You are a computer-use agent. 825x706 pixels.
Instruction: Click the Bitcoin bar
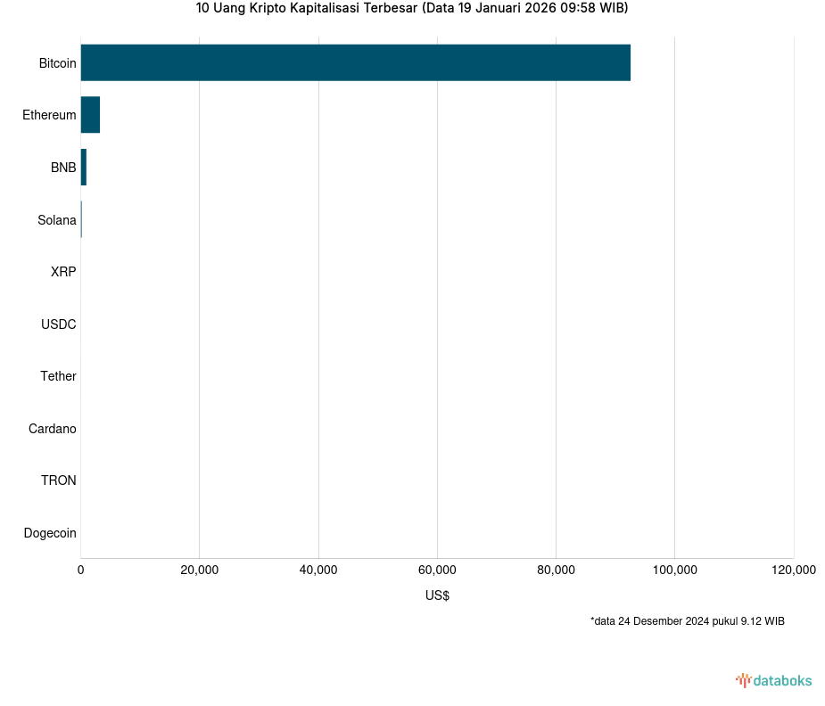tap(355, 62)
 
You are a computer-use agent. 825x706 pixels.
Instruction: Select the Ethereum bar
tap(90, 115)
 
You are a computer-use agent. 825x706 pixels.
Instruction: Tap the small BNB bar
tap(84, 168)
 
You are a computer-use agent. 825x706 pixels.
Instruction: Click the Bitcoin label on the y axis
tap(57, 63)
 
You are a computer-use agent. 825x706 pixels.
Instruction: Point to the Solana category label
tap(57, 220)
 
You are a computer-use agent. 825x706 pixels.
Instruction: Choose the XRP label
tap(63, 272)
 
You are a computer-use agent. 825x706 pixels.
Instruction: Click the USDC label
tap(59, 324)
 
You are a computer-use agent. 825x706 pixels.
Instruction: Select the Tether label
tap(58, 376)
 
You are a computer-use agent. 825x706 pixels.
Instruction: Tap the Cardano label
tap(53, 429)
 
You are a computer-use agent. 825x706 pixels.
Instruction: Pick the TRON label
tap(59, 480)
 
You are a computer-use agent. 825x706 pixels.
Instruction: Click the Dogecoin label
tap(50, 533)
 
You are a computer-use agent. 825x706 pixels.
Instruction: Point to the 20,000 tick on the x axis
tap(200, 571)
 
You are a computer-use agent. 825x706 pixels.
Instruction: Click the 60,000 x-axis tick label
tap(437, 571)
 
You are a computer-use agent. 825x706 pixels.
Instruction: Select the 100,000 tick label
tap(674, 571)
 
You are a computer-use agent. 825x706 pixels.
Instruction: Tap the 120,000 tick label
tap(793, 571)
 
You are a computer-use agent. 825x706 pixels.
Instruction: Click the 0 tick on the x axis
tap(81, 571)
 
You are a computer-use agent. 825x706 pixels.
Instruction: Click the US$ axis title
tap(437, 595)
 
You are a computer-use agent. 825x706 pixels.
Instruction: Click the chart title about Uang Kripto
tap(412, 9)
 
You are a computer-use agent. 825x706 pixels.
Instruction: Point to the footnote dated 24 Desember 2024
tap(687, 620)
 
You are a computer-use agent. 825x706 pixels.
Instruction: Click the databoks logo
tap(774, 680)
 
